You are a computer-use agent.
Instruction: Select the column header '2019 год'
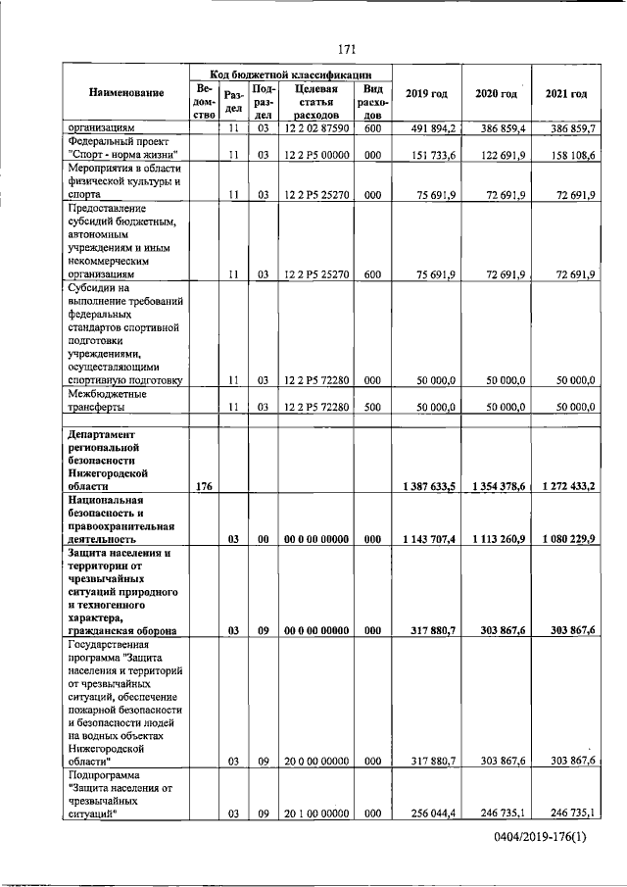(426, 93)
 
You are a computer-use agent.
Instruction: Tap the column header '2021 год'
(566, 93)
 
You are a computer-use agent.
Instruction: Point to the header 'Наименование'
(125, 93)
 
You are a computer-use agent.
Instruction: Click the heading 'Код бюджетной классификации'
(291, 73)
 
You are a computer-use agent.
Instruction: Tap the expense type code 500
(372, 406)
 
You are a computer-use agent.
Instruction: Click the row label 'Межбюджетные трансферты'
(107, 400)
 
